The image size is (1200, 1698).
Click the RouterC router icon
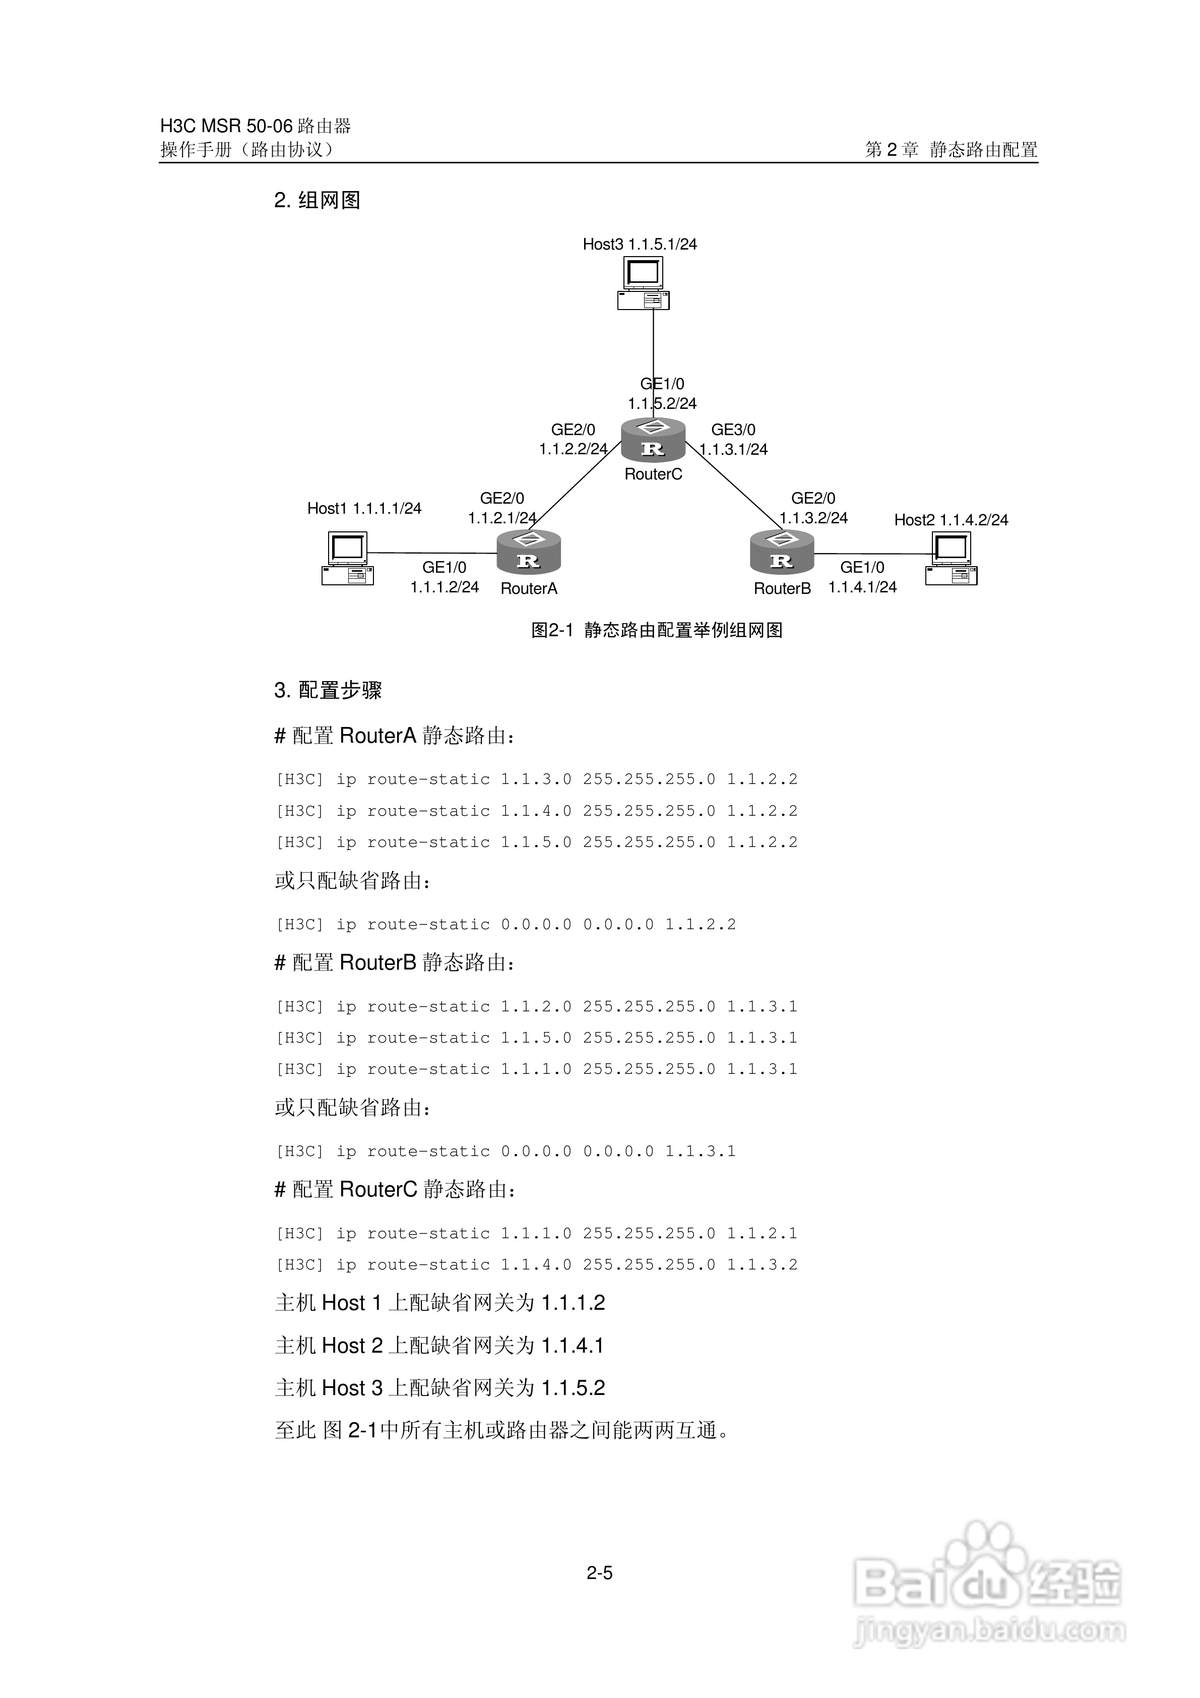tap(653, 441)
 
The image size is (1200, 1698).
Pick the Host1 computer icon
tap(348, 559)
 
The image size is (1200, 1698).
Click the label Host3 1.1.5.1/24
tap(640, 244)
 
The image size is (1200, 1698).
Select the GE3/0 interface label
tap(733, 430)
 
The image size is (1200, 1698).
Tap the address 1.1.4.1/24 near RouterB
tap(862, 587)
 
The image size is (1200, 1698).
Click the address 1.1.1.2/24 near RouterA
tap(445, 587)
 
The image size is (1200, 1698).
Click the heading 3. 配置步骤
tap(328, 690)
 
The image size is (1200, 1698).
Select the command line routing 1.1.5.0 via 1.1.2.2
tap(537, 842)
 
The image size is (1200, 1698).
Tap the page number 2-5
tap(600, 1573)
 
